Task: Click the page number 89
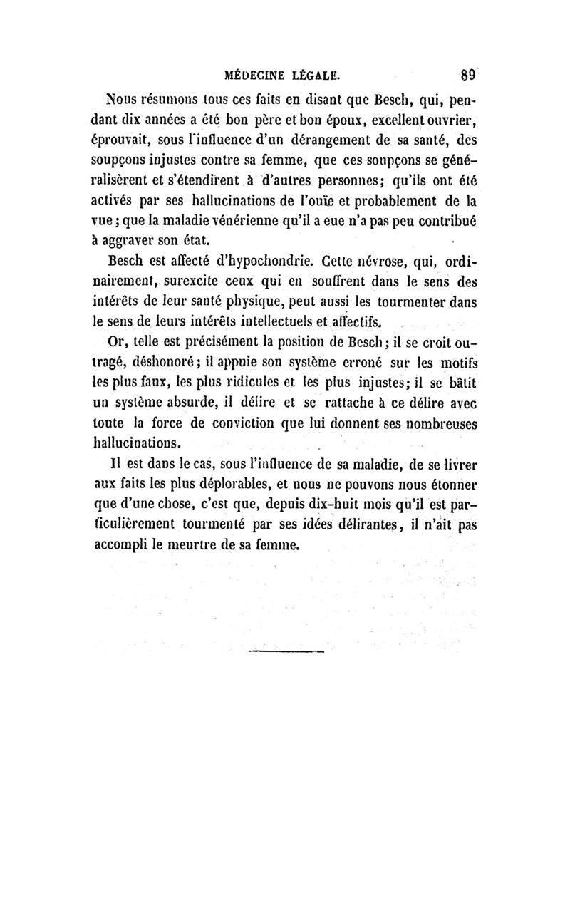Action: pyautogui.click(x=467, y=73)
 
